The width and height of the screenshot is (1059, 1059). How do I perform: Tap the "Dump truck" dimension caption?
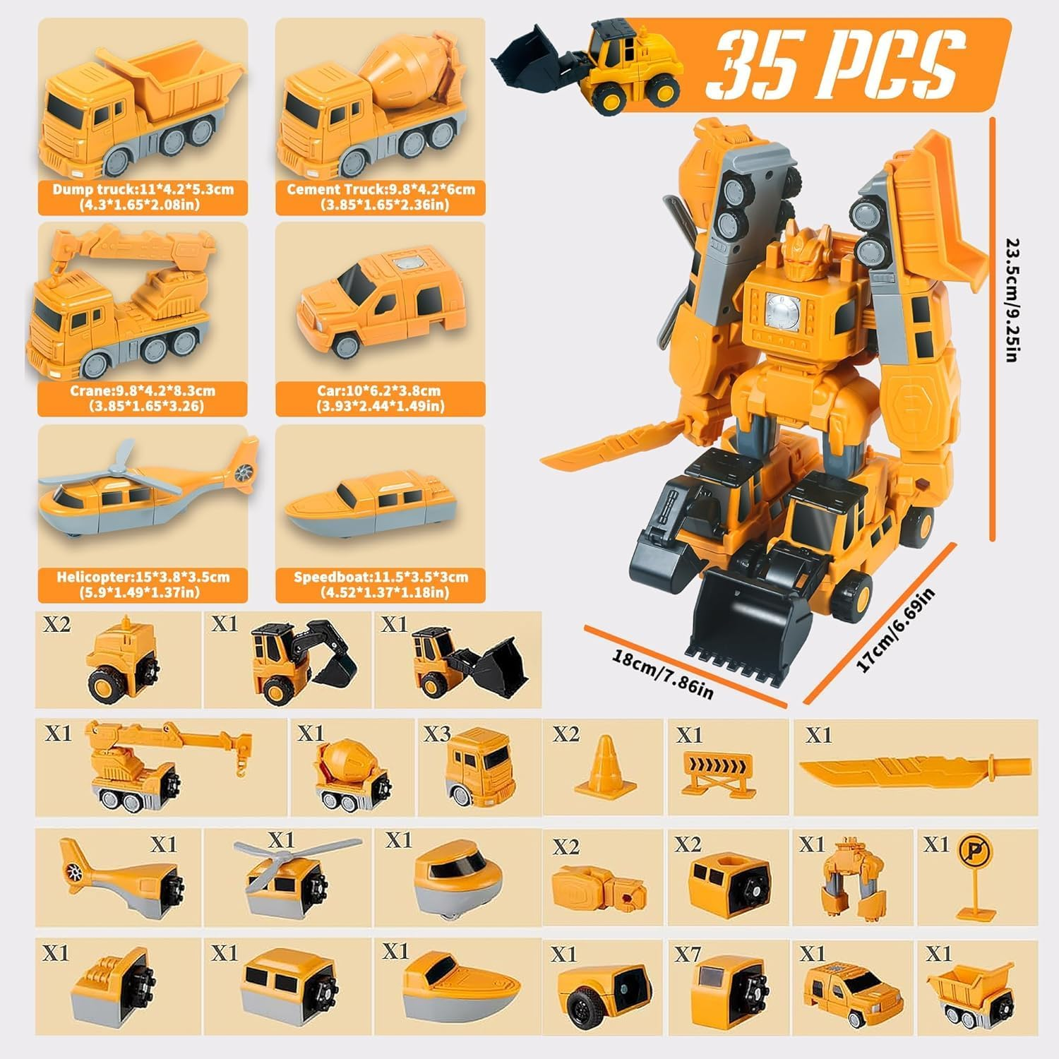click(143, 197)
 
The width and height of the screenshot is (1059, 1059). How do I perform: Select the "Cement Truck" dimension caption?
click(381, 197)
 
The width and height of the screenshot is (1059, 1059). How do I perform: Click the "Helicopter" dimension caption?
click(143, 584)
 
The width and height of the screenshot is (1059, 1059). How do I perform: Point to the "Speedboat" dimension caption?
click(381, 584)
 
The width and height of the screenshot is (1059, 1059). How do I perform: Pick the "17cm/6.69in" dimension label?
click(895, 630)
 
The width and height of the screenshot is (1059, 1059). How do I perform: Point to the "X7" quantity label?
click(687, 955)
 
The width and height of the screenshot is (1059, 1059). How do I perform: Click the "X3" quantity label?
click(437, 734)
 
